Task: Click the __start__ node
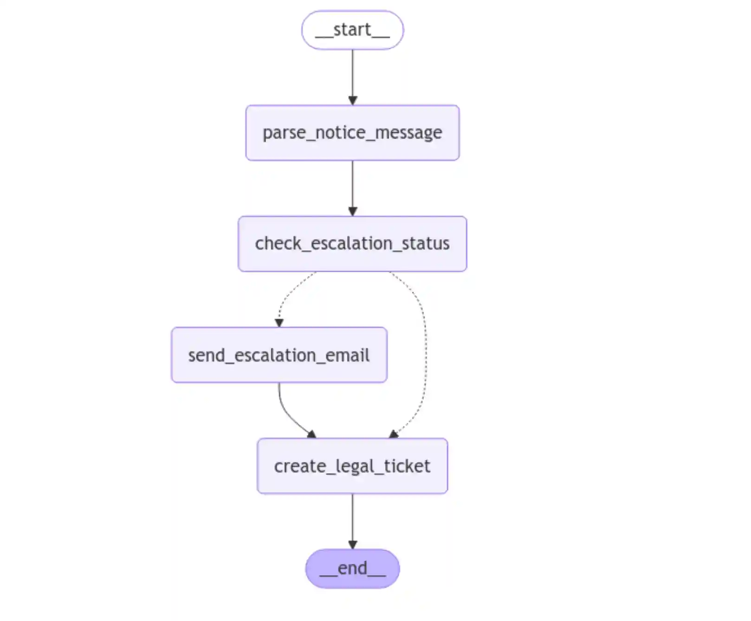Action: pyautogui.click(x=352, y=30)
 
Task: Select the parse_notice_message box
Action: pyautogui.click(x=352, y=133)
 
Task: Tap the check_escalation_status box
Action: pyautogui.click(x=352, y=244)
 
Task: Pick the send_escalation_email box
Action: pyautogui.click(x=279, y=355)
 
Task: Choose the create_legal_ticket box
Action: pyautogui.click(x=352, y=466)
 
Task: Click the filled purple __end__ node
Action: pyautogui.click(x=352, y=569)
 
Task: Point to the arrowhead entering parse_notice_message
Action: pyautogui.click(x=352, y=100)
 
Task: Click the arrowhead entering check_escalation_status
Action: pyautogui.click(x=352, y=211)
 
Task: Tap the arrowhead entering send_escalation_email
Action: pyautogui.click(x=279, y=323)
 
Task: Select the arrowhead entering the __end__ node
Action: pyautogui.click(x=352, y=544)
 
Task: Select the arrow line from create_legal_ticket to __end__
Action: pyautogui.click(x=352, y=517)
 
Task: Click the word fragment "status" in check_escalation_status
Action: pyautogui.click(x=426, y=244)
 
